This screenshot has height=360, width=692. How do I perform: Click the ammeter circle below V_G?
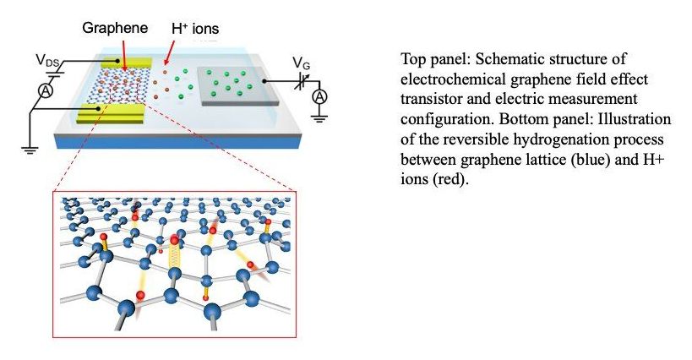[319, 98]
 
